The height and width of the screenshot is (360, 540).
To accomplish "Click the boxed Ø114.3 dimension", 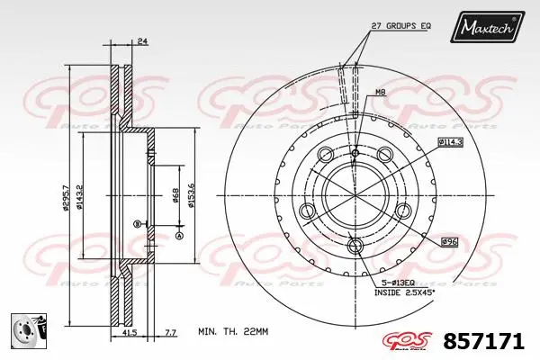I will pos(450,142).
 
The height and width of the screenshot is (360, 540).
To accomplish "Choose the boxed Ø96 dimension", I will pos(450,241).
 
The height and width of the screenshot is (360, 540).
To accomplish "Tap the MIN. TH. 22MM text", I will pos(233,332).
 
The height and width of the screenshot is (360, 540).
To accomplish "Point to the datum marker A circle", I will pos(178,236).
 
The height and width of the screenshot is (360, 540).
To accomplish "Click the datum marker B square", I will pos(136,223).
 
